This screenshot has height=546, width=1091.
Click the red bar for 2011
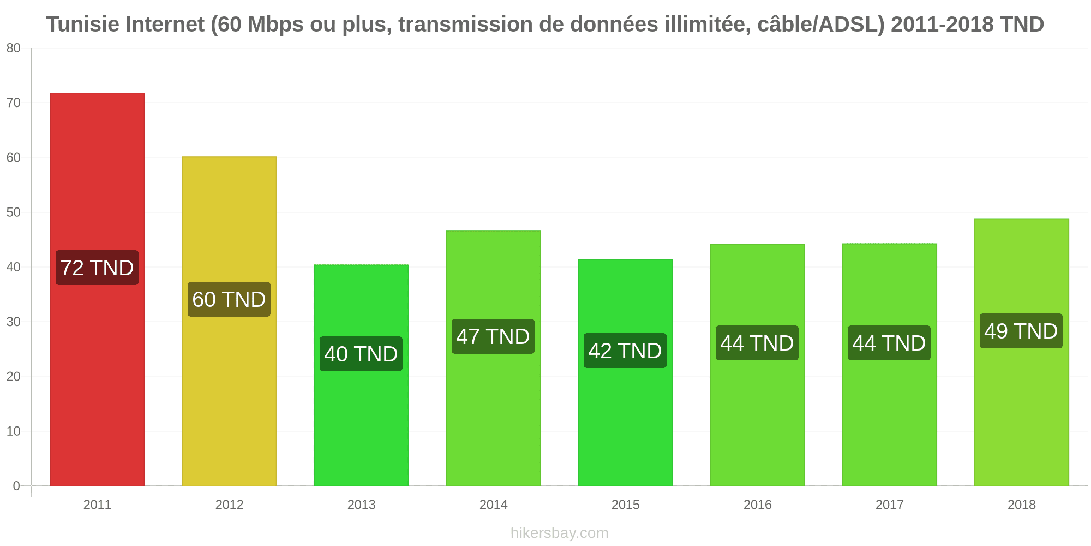click(97, 289)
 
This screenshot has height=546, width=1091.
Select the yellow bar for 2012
click(229, 321)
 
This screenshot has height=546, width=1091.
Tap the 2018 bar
click(1021, 352)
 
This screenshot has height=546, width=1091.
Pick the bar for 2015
click(625, 372)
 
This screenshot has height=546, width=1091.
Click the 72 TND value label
click(97, 268)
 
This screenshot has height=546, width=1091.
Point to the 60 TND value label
click(229, 299)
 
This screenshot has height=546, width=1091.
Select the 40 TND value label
click(361, 354)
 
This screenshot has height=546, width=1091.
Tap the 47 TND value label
click(493, 336)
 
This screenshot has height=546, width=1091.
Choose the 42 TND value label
click(625, 351)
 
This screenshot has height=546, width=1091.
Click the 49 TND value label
click(1021, 331)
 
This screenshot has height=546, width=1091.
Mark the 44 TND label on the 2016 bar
click(757, 343)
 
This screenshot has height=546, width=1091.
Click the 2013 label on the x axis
click(361, 505)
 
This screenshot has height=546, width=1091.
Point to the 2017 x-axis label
click(889, 505)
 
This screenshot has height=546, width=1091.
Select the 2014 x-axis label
click(493, 505)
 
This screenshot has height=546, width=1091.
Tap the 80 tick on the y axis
click(14, 49)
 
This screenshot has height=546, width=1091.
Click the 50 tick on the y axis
click(14, 212)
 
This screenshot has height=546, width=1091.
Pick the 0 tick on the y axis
click(16, 486)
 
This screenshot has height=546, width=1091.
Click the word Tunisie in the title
click(82, 25)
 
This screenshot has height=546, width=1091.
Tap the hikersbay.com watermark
click(560, 533)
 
